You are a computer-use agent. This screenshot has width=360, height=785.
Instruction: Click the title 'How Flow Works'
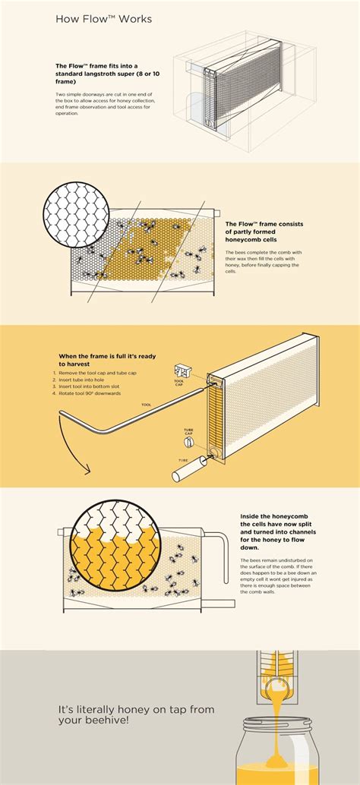coord(104,19)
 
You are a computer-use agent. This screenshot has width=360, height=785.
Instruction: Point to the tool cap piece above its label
coord(182,370)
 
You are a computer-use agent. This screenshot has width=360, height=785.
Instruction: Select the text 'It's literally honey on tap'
coord(125,711)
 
